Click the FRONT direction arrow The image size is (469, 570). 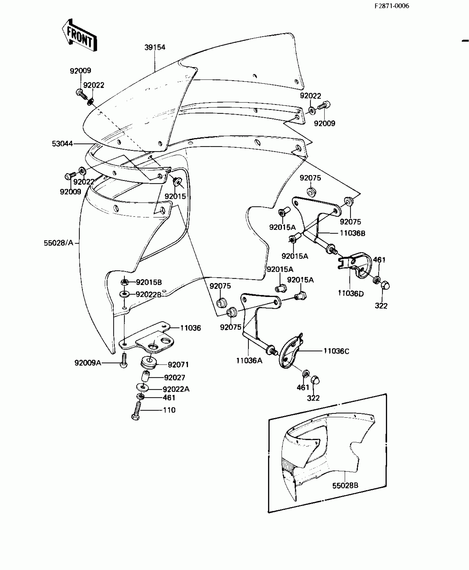pos(79,36)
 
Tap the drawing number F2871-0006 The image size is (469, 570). pos(391,6)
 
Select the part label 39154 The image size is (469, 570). pos(155,47)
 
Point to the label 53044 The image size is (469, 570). pos(62,144)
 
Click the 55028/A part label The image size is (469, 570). pos(58,243)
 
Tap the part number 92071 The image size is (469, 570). pos(178,365)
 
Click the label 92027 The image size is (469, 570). pos(174,378)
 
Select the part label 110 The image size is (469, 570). pos(169,410)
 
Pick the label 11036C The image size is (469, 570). pos(336,351)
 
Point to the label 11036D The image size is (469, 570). pos(351,294)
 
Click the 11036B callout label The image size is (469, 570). pos(352,233)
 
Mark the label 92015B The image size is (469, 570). pos(149,282)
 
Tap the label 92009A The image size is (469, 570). pos(88,363)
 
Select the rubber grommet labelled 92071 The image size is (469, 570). pos(149,362)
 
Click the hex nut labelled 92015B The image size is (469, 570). pos(124,282)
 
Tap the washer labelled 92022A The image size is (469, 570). pos(142,387)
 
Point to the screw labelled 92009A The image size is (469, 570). pos(124,361)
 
